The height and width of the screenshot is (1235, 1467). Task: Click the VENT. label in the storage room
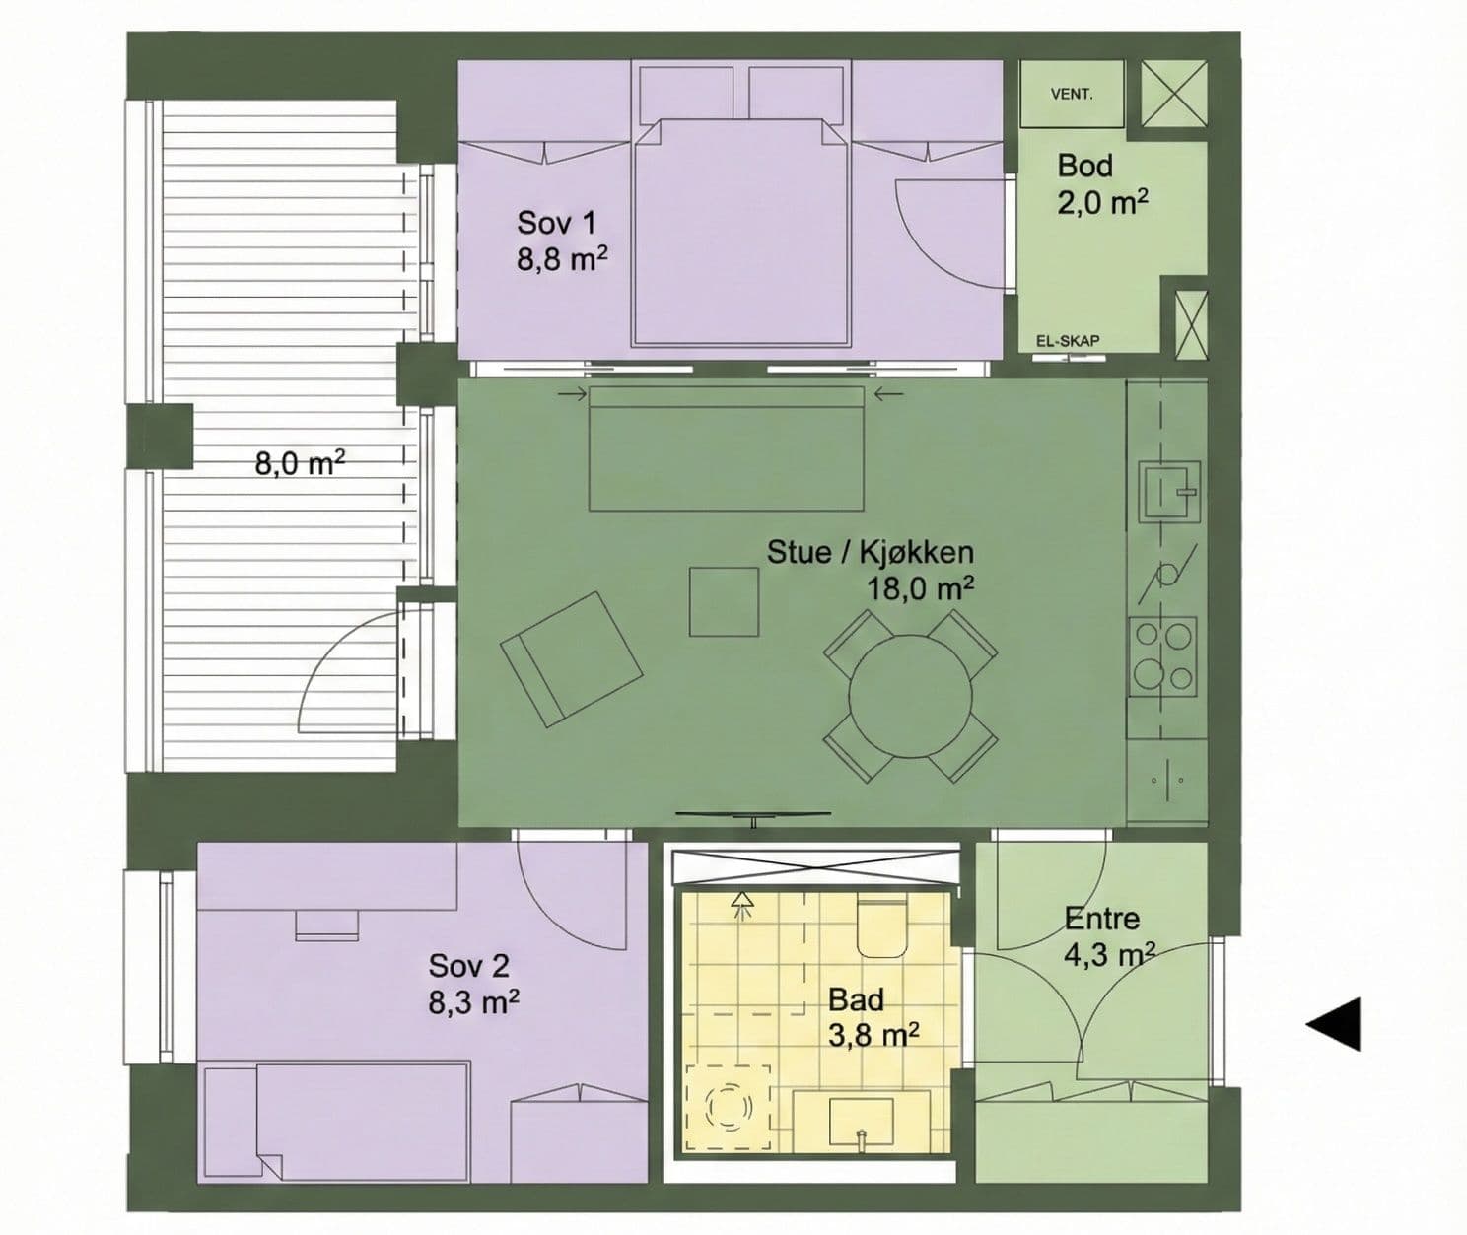[1072, 95]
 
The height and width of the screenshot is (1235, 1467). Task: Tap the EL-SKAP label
[1068, 341]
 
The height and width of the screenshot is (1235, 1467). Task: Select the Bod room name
[1085, 166]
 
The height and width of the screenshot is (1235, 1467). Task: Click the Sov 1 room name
[556, 223]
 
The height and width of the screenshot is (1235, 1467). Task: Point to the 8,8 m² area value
[562, 258]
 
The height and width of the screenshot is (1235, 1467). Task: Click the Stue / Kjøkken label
[870, 552]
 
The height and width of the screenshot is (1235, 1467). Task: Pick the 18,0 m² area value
[920, 588]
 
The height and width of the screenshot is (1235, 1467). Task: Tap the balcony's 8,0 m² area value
[300, 463]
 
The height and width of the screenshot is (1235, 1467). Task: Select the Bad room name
[856, 999]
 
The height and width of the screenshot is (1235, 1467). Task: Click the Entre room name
[1101, 919]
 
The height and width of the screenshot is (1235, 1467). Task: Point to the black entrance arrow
[1333, 1024]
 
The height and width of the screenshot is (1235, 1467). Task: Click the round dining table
[911, 696]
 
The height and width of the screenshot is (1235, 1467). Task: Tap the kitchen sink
[1169, 491]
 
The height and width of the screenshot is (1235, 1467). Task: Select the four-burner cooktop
[1162, 656]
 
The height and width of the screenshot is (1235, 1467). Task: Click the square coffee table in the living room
[724, 602]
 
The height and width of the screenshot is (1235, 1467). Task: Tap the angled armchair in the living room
[571, 658]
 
